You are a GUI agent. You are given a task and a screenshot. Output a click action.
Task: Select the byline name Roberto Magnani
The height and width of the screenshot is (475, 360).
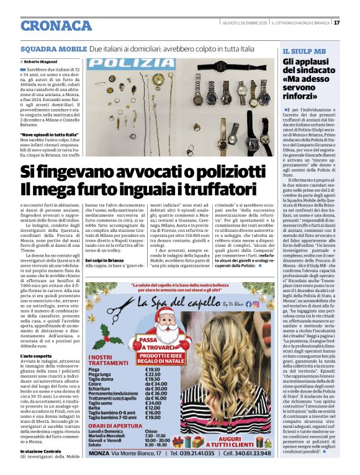[42, 62]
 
